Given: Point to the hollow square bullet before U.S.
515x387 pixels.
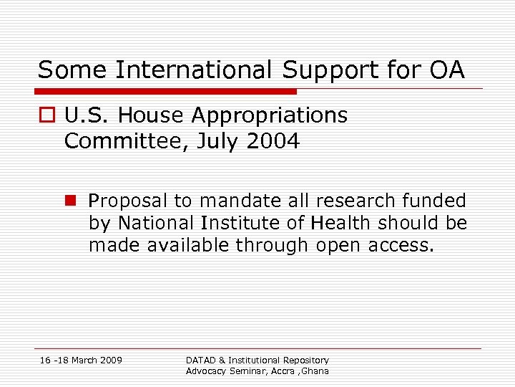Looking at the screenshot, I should point(46,116).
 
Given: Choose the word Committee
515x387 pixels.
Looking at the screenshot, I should point(119,141).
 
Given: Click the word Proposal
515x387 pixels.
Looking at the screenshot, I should point(124,201).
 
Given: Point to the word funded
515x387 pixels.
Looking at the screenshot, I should point(433,201).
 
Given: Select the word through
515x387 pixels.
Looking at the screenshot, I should point(269,246).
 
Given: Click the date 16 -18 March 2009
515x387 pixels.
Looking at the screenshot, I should point(81,360).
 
